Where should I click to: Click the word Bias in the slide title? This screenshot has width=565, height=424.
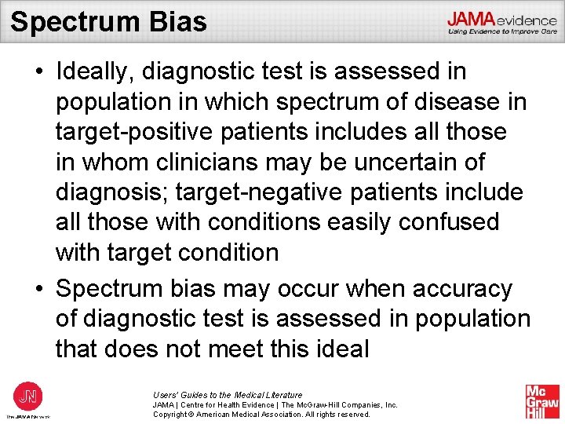[177, 21]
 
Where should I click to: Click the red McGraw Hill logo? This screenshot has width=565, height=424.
[542, 400]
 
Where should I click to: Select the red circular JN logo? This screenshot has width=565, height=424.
[27, 395]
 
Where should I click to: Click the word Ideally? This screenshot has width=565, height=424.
[97, 71]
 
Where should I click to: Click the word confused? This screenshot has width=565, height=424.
[449, 222]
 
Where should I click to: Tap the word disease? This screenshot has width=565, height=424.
[439, 102]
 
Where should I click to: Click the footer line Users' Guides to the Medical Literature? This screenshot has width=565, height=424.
[228, 395]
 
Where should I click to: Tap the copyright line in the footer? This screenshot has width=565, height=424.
[261, 414]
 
